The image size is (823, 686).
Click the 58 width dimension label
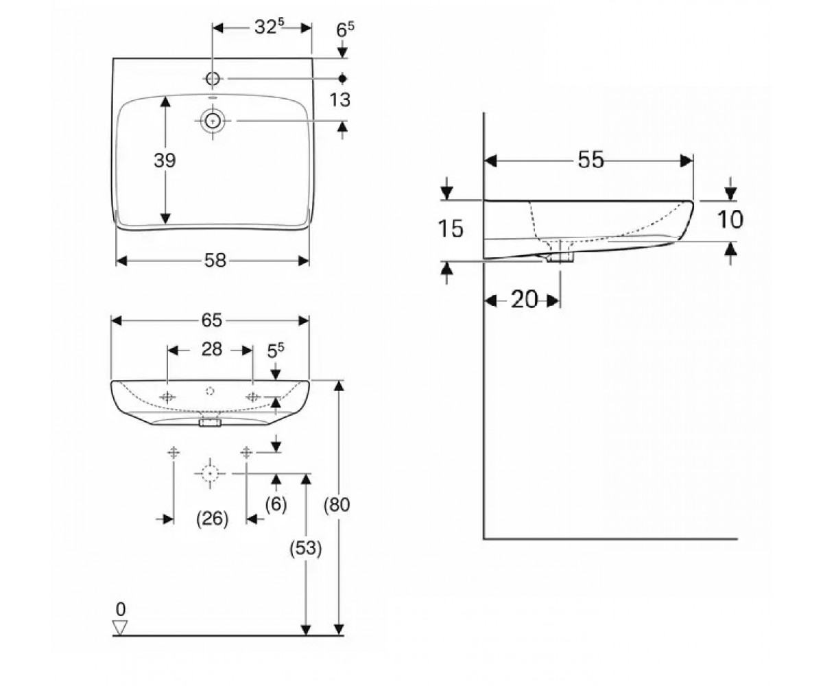(x=215, y=261)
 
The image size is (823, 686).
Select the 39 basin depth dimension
(x=165, y=161)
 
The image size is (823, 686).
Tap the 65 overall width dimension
(x=212, y=320)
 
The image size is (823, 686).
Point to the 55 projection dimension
(x=591, y=160)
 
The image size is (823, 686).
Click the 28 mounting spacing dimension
(x=212, y=349)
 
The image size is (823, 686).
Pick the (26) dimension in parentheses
(x=213, y=519)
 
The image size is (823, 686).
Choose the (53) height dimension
(x=305, y=548)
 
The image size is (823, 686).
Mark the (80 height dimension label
(x=337, y=505)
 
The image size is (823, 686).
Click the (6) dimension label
(x=276, y=505)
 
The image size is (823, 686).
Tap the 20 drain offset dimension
(x=524, y=299)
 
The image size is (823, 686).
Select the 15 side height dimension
(x=451, y=228)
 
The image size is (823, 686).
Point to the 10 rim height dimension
(x=730, y=220)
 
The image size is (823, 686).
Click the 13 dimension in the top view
(x=339, y=99)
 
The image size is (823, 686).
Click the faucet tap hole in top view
(x=213, y=78)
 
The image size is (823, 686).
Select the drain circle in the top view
(x=213, y=120)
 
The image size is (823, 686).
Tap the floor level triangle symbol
(x=120, y=627)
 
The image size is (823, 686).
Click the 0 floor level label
(x=121, y=609)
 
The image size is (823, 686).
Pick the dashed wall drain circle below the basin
(x=210, y=473)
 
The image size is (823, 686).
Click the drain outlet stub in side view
(x=560, y=257)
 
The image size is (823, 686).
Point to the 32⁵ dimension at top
(x=270, y=27)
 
